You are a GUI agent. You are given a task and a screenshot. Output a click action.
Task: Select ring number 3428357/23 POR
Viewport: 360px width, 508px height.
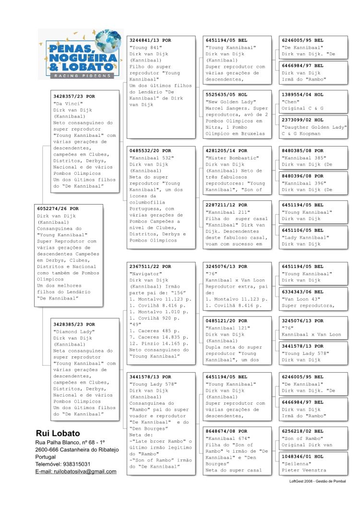74,97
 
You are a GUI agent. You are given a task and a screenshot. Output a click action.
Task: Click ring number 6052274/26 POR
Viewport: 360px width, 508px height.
58,209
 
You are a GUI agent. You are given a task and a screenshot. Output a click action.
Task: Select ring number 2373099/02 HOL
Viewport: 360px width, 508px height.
302,120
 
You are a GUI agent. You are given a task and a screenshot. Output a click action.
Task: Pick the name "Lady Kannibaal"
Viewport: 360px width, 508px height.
305,237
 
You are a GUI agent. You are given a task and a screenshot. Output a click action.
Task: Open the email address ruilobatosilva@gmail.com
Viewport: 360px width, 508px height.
76,472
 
